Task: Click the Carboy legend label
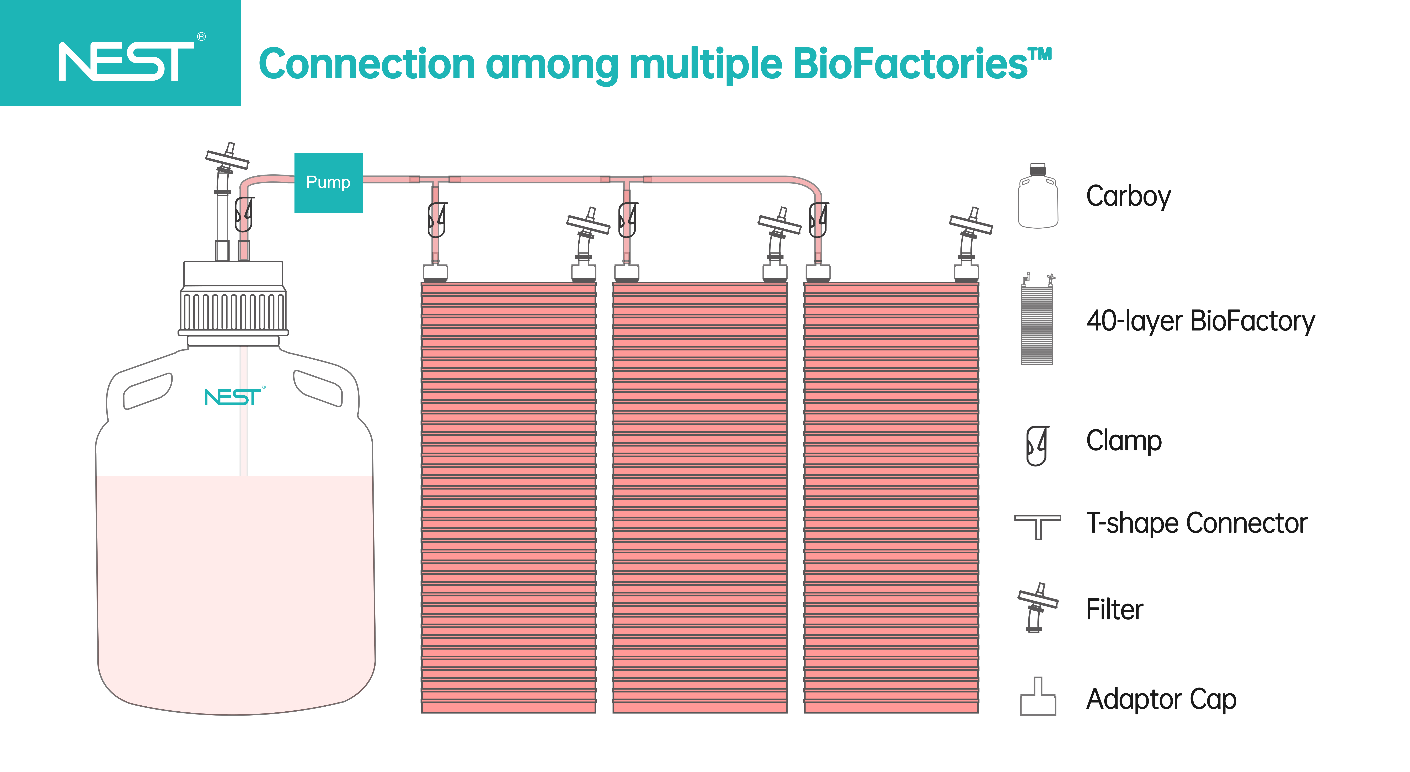(x=1128, y=197)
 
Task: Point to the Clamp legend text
(x=1124, y=441)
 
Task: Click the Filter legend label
(x=1114, y=609)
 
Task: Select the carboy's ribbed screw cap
(x=233, y=312)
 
